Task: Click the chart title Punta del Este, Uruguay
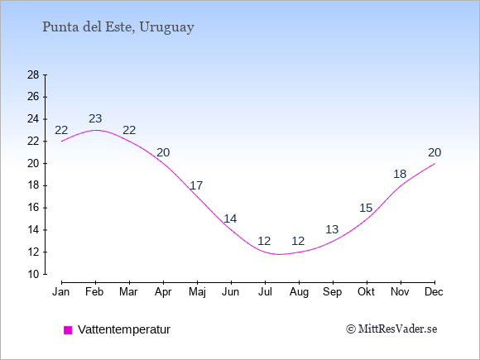tap(118, 27)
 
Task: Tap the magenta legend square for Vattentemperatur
tap(68, 330)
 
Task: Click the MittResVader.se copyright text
tap(391, 329)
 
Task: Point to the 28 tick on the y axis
tap(33, 74)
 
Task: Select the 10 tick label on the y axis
tap(33, 274)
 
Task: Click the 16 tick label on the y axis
tap(33, 208)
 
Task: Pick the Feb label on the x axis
tap(94, 292)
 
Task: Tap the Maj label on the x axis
tap(197, 292)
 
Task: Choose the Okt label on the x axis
tap(366, 292)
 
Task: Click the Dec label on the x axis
tap(434, 292)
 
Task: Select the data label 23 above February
tap(95, 119)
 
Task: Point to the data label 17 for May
tap(196, 186)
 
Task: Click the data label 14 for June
tap(230, 218)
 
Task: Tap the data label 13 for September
tap(332, 229)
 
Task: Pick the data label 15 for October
tap(366, 209)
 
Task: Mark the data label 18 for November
tap(400, 175)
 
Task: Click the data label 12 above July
tap(264, 241)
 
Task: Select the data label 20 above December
tap(434, 152)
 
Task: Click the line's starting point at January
tap(62, 142)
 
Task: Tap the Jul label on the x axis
tap(265, 292)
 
